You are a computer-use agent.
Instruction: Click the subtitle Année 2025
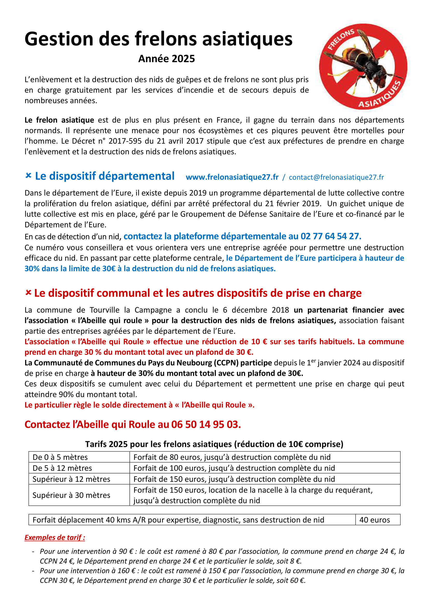click(167, 59)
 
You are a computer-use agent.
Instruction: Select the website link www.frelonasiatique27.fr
click(232, 177)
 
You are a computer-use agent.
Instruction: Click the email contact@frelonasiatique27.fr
click(336, 177)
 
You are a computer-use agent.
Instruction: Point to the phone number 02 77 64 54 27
click(330, 236)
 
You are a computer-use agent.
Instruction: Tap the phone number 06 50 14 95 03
click(206, 425)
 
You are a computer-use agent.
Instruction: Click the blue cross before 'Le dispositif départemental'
click(28, 175)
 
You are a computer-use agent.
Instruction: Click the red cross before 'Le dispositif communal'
click(28, 293)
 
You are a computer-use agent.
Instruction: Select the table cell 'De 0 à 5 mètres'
click(60, 457)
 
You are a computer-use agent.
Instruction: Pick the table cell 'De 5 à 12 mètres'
click(62, 468)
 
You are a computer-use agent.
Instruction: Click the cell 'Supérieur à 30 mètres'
click(71, 495)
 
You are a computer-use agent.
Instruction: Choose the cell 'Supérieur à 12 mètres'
click(71, 479)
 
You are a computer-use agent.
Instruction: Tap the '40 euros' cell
click(375, 520)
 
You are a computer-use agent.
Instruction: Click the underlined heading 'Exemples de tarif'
click(54, 537)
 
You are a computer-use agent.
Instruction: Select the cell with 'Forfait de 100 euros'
click(234, 468)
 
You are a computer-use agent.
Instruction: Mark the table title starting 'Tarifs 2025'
click(214, 444)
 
